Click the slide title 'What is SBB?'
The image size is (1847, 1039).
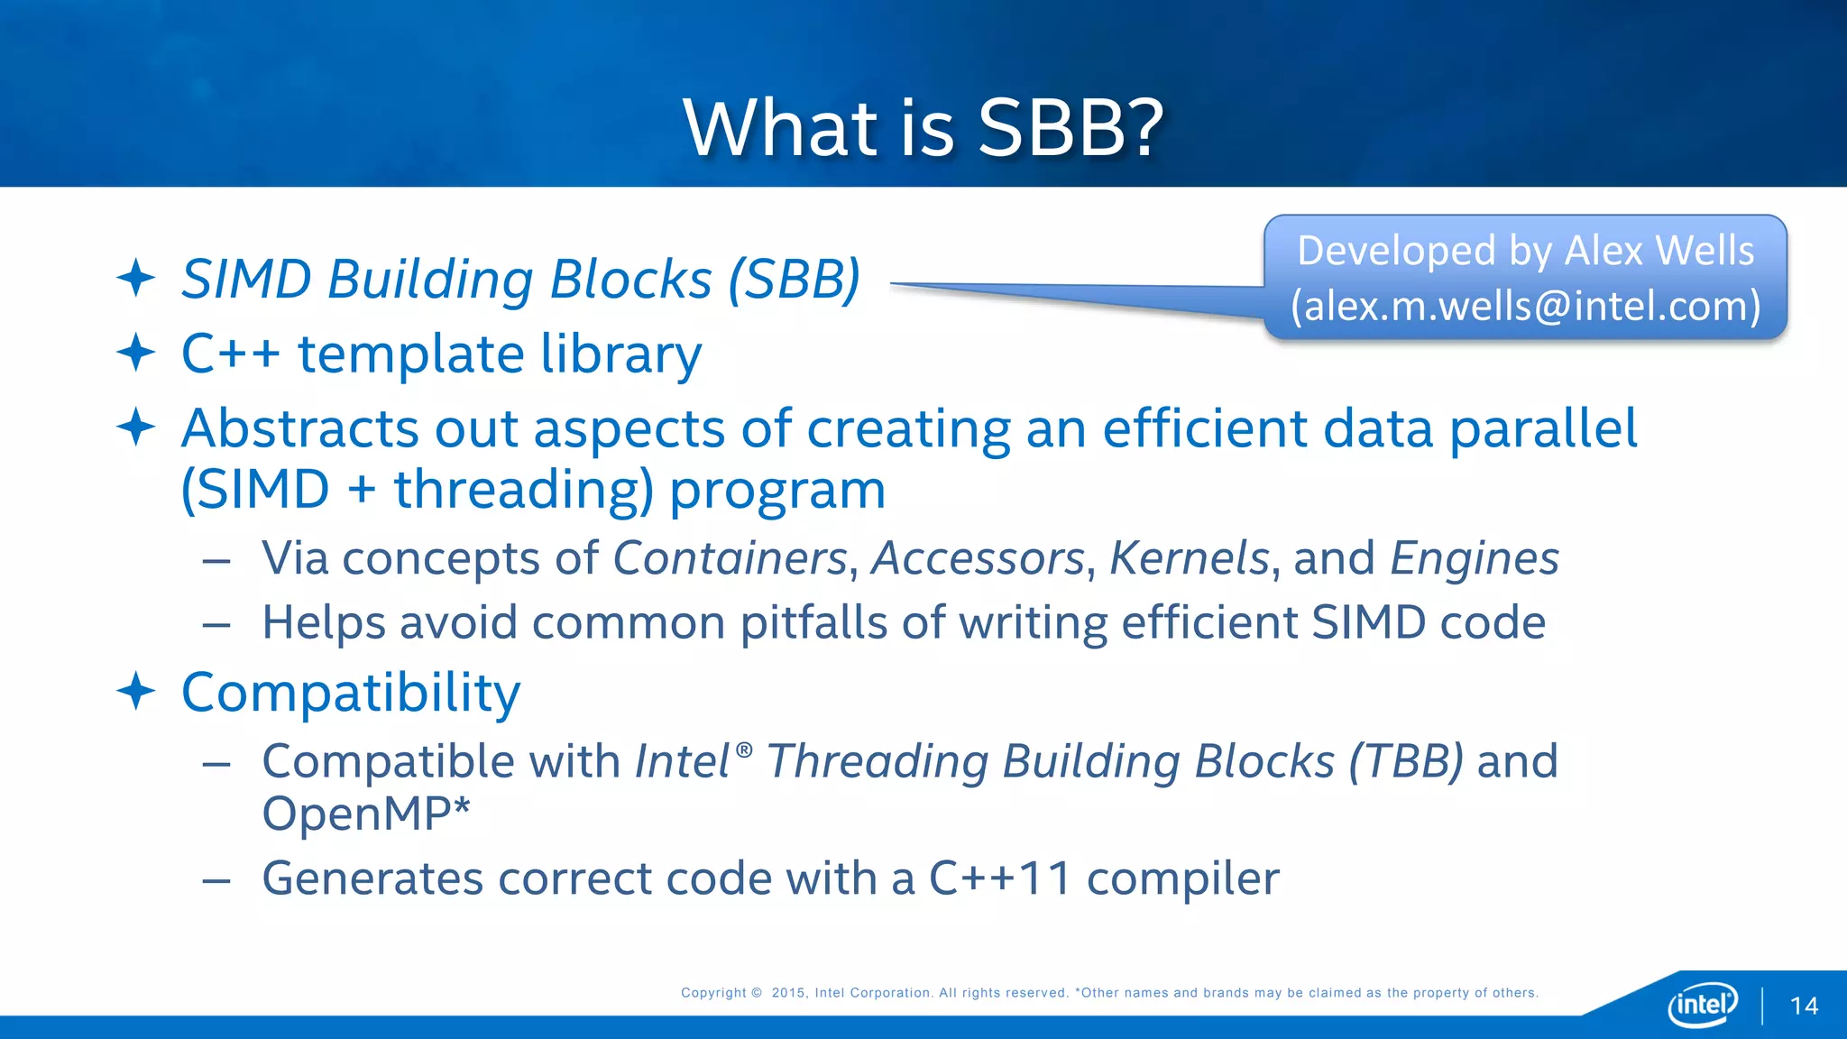coord(923,127)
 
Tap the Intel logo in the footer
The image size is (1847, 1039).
coord(1703,1004)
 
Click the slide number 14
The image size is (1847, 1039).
coord(1804,1007)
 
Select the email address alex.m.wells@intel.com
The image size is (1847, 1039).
coord(1526,306)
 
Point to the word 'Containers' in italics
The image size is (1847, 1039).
coord(731,558)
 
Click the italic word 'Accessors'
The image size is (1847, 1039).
coord(978,558)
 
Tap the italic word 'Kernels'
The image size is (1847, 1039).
coord(1190,558)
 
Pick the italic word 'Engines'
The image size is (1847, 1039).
coord(1474,558)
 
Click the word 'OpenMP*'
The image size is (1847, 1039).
coord(366,814)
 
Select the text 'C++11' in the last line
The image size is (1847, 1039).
coord(1000,878)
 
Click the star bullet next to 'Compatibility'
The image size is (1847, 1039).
coord(136,692)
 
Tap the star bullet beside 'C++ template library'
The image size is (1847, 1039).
coord(136,353)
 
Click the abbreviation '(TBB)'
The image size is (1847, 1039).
coord(1406,761)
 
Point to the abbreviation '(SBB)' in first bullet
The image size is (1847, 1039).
coord(794,280)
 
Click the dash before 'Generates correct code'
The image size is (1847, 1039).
coord(216,880)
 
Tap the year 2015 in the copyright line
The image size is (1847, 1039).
coord(788,993)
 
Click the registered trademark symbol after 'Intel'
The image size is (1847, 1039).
coord(744,749)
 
